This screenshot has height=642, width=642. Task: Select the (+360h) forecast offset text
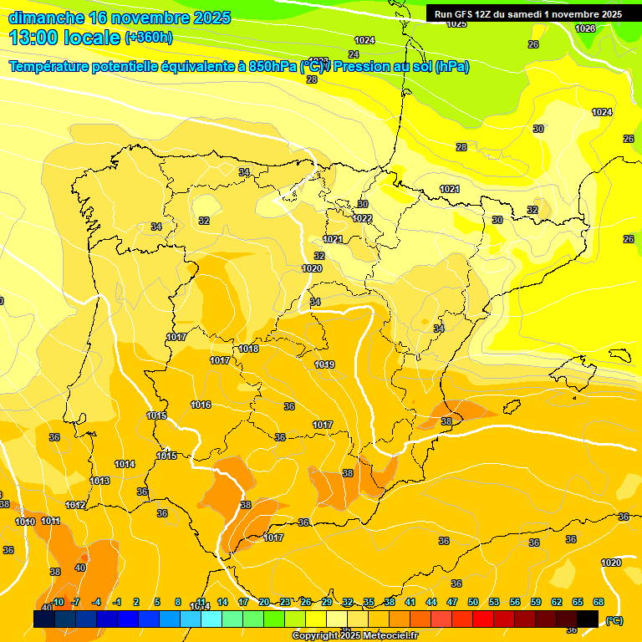(150, 37)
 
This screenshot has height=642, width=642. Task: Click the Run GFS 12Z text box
(527, 14)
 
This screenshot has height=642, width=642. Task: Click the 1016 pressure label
(201, 405)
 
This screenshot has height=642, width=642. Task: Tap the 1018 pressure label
(248, 349)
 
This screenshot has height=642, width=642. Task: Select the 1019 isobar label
(324, 364)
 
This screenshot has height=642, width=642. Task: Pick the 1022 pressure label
(362, 218)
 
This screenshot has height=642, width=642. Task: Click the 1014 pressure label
(125, 464)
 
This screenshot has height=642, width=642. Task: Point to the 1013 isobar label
(100, 481)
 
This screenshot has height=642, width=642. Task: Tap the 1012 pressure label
(75, 505)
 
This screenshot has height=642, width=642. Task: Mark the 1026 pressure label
(585, 28)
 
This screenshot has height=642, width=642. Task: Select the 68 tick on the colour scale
(599, 602)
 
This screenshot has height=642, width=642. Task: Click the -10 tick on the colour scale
(57, 602)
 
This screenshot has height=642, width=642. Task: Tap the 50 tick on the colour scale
(473, 602)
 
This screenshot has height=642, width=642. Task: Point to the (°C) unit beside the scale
(614, 619)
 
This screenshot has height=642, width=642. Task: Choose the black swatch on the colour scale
(588, 619)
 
